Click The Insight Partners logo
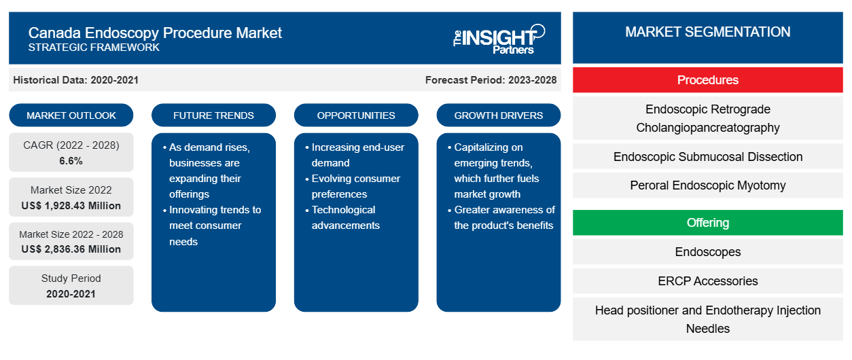(x=499, y=39)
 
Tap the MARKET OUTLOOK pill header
(x=71, y=115)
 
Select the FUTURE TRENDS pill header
(x=213, y=115)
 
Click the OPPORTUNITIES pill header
(x=356, y=115)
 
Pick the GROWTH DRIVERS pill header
(x=498, y=115)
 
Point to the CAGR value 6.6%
(x=71, y=161)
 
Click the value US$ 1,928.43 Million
(x=71, y=206)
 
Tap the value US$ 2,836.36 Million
(x=71, y=249)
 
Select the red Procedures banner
(x=708, y=80)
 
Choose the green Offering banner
(x=708, y=222)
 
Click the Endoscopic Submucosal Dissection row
(x=708, y=157)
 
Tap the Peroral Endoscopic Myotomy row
(x=708, y=185)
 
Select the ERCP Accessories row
(x=708, y=281)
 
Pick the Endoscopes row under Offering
(x=708, y=251)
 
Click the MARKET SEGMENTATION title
(x=708, y=32)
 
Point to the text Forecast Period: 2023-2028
(x=491, y=80)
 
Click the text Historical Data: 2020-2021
(x=75, y=80)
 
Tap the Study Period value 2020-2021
(x=71, y=294)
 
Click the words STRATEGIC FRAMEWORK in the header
(x=94, y=48)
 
